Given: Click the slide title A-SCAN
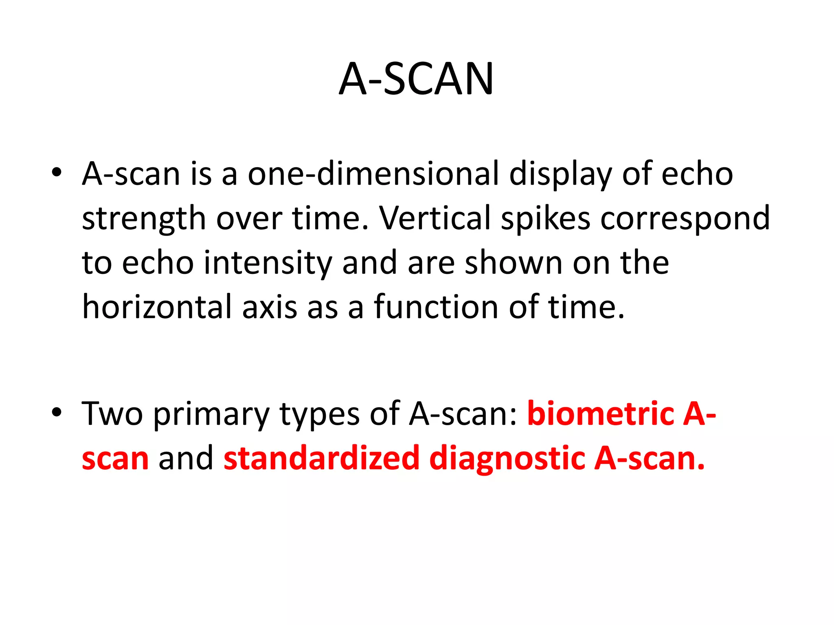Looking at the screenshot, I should (416, 79).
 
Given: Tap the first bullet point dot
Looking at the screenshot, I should (57, 172).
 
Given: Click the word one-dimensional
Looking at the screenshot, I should (373, 174).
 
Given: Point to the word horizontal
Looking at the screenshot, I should (157, 307).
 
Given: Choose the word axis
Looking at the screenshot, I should (270, 307).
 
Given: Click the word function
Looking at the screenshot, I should (436, 307).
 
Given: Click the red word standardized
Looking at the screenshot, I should (321, 458).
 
